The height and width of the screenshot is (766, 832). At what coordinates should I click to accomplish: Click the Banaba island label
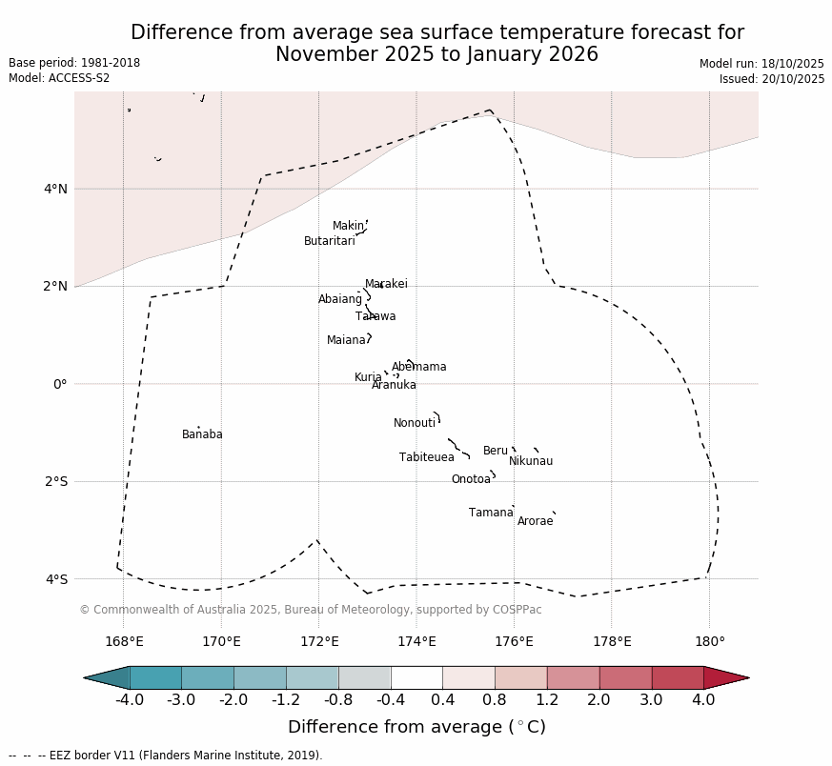[x=202, y=434]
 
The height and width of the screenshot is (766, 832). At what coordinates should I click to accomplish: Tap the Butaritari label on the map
[x=329, y=241]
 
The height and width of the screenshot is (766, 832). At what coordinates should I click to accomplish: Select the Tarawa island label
[x=375, y=316]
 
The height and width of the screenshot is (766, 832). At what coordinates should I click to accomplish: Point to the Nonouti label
[x=415, y=423]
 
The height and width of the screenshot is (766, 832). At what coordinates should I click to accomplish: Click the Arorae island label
[x=535, y=521]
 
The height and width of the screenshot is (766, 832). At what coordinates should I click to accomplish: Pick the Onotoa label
[x=471, y=479]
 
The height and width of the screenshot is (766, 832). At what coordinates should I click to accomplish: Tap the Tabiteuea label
[x=426, y=457]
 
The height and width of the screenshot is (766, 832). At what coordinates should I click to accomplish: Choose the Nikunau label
[x=530, y=461]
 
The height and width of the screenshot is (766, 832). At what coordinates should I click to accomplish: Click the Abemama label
[x=418, y=367]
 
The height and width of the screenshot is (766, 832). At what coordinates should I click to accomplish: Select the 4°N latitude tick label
[x=55, y=189]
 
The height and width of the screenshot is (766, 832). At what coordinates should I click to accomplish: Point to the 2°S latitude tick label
[x=55, y=481]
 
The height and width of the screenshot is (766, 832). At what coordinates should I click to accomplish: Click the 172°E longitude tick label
[x=318, y=641]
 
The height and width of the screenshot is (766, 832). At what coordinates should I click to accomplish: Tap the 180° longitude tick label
[x=709, y=641]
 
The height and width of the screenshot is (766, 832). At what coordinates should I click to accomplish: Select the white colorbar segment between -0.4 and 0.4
[x=416, y=677]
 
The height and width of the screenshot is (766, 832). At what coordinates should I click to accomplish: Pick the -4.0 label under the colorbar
[x=130, y=700]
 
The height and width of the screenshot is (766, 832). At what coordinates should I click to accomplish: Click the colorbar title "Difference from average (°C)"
[x=416, y=727]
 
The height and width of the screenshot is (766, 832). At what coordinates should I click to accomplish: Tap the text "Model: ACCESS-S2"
[x=59, y=78]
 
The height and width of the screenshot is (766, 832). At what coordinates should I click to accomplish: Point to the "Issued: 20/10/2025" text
[x=771, y=79]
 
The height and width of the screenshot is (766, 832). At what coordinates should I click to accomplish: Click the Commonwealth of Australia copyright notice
[x=310, y=610]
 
